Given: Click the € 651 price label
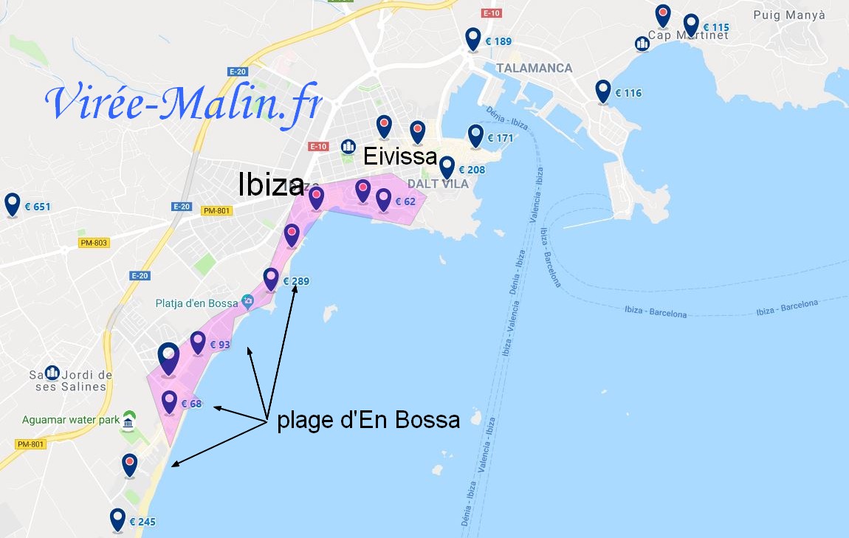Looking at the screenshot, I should pyautogui.click(x=38, y=207).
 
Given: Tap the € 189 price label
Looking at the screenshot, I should pyautogui.click(x=498, y=41).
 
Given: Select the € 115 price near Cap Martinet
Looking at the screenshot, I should pyautogui.click(x=715, y=27).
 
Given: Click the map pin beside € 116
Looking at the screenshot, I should pyautogui.click(x=603, y=92).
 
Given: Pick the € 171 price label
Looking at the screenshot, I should pyautogui.click(x=500, y=138).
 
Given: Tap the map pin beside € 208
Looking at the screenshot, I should pyautogui.click(x=447, y=167).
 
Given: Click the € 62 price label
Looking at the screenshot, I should pyautogui.click(x=405, y=201).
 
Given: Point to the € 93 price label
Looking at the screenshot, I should pyautogui.click(x=220, y=345).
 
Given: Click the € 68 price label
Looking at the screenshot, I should pyautogui.click(x=191, y=404).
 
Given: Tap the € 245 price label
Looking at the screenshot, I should pyautogui.click(x=142, y=522).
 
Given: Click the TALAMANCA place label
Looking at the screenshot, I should pyautogui.click(x=535, y=68).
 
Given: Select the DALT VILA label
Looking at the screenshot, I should pyautogui.click(x=438, y=184).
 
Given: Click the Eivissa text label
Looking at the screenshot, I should pyautogui.click(x=400, y=156).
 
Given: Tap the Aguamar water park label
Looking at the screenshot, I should pyautogui.click(x=71, y=420).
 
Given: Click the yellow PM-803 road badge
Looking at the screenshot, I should pyautogui.click(x=94, y=243).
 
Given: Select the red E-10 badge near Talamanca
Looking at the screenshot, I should pyautogui.click(x=491, y=13).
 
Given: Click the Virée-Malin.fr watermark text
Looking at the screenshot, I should pyautogui.click(x=183, y=104).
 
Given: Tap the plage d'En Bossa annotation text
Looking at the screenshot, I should pyautogui.click(x=368, y=421).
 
